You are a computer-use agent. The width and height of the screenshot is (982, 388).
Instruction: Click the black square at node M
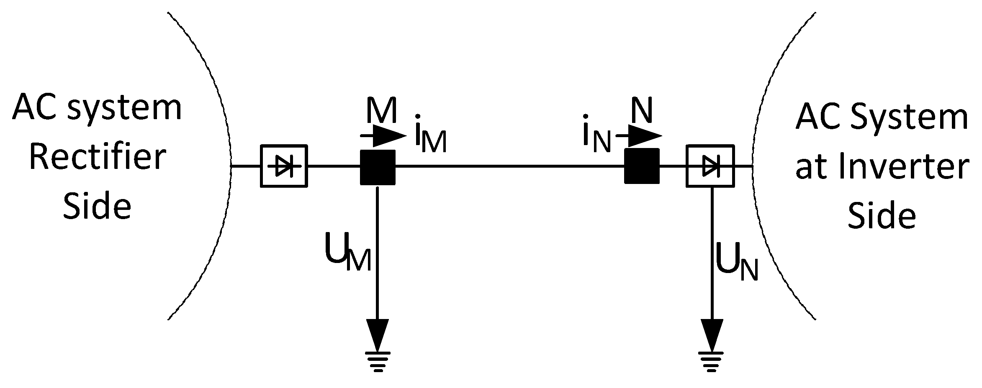(378, 167)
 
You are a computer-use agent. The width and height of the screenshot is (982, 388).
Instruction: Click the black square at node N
(642, 166)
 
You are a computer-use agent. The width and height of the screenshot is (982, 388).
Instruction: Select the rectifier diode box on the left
(284, 166)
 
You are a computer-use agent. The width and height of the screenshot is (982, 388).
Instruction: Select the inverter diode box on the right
(710, 166)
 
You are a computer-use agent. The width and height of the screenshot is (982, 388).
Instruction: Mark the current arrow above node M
(383, 135)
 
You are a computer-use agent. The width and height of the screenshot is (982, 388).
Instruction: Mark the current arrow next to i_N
(639, 135)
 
